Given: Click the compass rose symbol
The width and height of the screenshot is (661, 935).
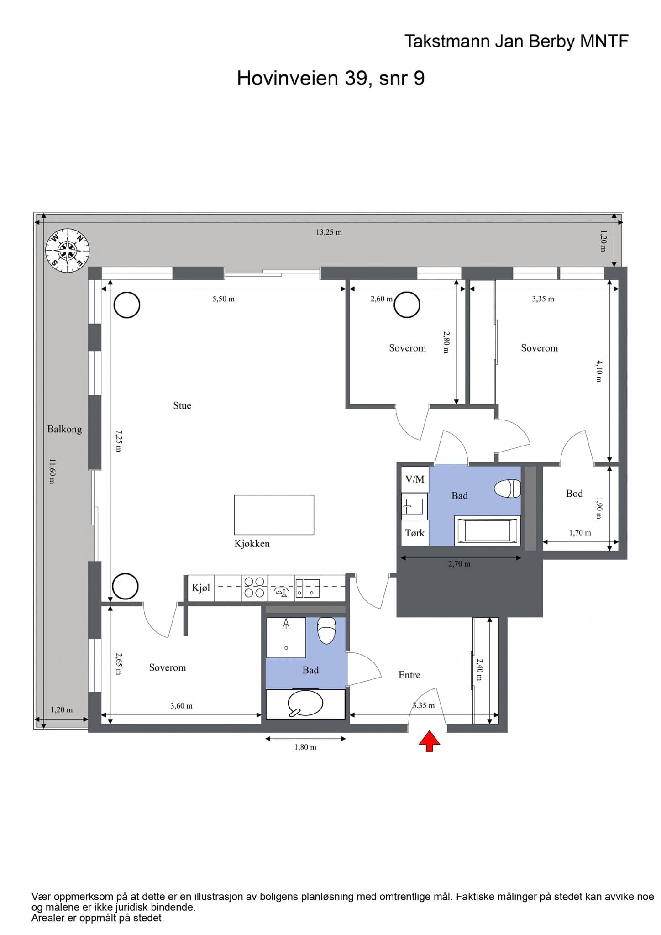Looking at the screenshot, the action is (x=67, y=250).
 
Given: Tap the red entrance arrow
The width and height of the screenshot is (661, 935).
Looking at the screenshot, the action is (x=430, y=741).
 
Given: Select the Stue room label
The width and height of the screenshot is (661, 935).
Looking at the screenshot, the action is (x=182, y=405).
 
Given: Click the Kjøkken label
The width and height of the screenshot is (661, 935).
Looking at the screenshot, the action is (x=252, y=543).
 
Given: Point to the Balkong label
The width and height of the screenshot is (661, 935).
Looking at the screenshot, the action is (x=65, y=429).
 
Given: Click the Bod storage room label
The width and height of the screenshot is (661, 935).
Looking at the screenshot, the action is (x=574, y=493).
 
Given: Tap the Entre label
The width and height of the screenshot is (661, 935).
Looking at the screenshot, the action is (x=409, y=675).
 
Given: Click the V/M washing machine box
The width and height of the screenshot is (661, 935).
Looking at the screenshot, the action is (x=415, y=479).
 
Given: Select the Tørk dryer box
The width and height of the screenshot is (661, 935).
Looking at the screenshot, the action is (x=415, y=533).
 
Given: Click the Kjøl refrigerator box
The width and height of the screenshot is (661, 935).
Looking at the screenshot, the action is (x=201, y=588).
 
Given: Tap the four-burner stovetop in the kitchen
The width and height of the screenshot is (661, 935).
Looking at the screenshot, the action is (x=254, y=588).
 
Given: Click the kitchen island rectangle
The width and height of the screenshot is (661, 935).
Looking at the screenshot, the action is (x=274, y=515).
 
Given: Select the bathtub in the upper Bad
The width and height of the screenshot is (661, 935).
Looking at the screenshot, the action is (x=488, y=531).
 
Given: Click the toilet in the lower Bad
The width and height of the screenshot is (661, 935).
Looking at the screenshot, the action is (x=326, y=630).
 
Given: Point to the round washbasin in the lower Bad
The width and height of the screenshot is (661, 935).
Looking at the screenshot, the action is (x=305, y=704).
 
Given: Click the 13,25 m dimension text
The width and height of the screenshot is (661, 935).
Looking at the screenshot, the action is (x=329, y=232).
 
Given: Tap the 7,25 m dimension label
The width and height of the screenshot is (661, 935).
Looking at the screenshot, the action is (x=119, y=441).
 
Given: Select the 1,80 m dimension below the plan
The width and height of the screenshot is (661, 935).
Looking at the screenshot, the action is (x=305, y=747).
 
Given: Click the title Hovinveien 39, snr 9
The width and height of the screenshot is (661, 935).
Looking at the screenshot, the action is (x=331, y=78).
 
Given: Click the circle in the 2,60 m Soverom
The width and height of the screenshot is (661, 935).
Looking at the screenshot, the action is (x=407, y=305).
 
